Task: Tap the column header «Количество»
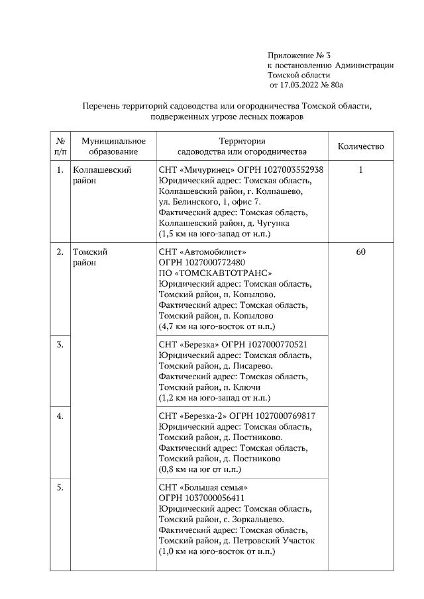[360, 146]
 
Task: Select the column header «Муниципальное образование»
[113, 146]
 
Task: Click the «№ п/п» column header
[60, 146]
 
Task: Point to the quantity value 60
[360, 252]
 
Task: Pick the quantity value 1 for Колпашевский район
[360, 170]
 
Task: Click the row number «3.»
[60, 345]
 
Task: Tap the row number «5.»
[60, 488]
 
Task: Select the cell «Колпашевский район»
[102, 175]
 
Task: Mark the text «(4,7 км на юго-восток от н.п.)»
[217, 326]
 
